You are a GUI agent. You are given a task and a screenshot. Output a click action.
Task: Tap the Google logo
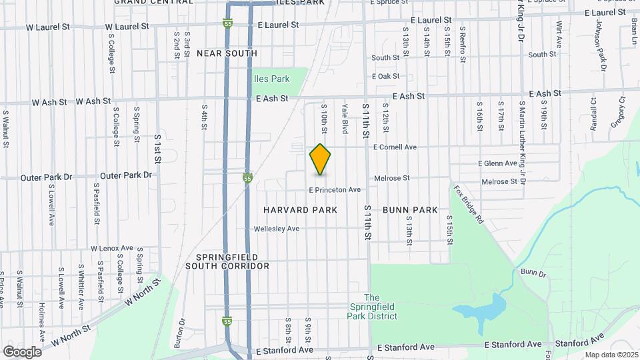[22, 352]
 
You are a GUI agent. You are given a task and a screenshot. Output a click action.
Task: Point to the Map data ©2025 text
[611, 355]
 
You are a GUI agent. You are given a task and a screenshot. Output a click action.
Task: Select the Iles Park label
[271, 79]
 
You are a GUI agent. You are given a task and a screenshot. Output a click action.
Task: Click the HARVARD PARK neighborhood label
[300, 210]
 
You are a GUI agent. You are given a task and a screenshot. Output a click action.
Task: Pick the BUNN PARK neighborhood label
[410, 210]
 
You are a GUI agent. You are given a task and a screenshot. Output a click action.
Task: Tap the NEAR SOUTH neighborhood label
[227, 53]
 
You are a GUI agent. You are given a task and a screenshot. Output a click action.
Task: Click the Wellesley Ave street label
[277, 229]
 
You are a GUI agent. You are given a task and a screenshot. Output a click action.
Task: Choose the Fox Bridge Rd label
[469, 206]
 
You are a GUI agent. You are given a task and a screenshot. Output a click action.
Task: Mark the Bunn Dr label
[533, 273]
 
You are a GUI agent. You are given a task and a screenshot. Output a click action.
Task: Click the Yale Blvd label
[345, 117]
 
